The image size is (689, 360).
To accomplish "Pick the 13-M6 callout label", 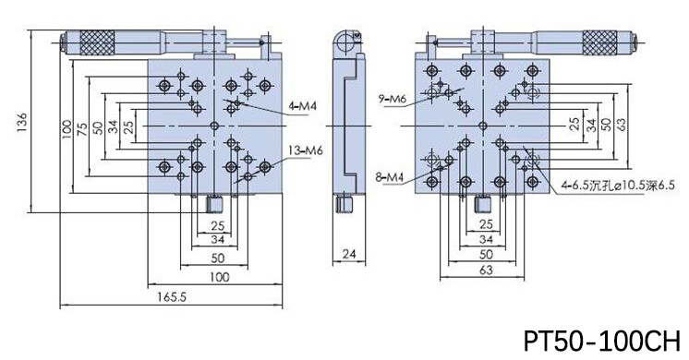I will [305, 150].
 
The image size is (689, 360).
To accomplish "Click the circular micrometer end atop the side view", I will [346, 41].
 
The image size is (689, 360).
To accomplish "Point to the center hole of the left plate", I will [213, 125].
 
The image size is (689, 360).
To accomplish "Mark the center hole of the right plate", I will [481, 125].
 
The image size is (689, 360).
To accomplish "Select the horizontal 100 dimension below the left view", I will [219, 277].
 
